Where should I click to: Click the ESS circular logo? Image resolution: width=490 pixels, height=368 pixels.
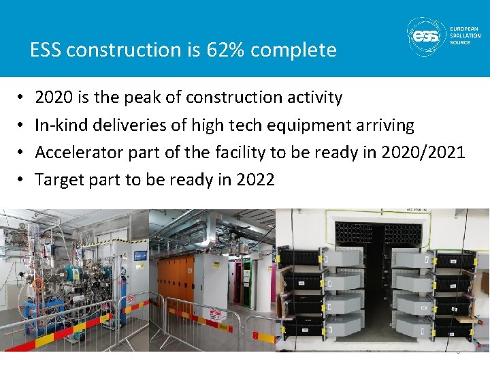(426, 35)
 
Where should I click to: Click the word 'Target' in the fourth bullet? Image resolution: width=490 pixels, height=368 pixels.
(58, 179)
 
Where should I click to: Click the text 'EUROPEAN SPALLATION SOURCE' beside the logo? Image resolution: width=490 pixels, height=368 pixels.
(465, 35)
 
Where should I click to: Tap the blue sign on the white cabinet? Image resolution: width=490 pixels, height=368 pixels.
(140, 256)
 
